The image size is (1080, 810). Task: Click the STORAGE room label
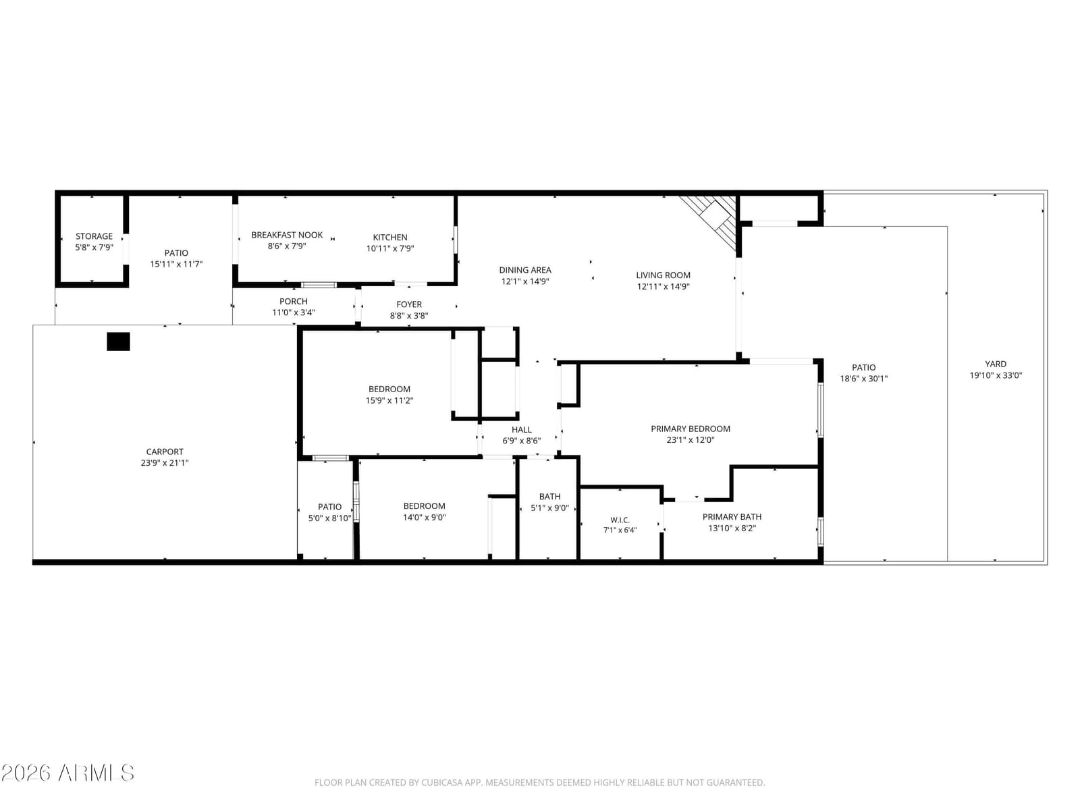pyautogui.click(x=94, y=236)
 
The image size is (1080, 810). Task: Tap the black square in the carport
pyautogui.click(x=118, y=342)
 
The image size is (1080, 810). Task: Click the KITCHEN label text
pyautogui.click(x=389, y=238)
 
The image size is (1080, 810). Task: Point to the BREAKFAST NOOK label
pyautogui.click(x=287, y=235)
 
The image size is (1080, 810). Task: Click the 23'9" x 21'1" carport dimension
pyautogui.click(x=164, y=463)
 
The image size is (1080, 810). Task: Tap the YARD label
pyautogui.click(x=996, y=364)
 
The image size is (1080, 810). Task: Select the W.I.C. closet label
pyautogui.click(x=620, y=520)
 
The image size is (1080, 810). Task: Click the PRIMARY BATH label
pyautogui.click(x=732, y=517)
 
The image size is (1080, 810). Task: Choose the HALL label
pyautogui.click(x=521, y=430)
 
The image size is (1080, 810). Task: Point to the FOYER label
pyautogui.click(x=409, y=304)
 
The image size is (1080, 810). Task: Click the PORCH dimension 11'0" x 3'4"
pyautogui.click(x=293, y=313)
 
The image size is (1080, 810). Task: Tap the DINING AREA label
pyautogui.click(x=525, y=270)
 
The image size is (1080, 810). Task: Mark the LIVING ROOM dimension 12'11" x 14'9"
pyautogui.click(x=664, y=287)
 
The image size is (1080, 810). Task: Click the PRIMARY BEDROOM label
pyautogui.click(x=691, y=429)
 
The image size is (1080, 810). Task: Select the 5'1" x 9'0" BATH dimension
pyautogui.click(x=549, y=508)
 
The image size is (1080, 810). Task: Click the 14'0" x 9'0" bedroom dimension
pyautogui.click(x=424, y=517)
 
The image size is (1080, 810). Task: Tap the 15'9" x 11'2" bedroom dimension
pyautogui.click(x=389, y=400)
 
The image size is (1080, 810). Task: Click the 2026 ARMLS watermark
pyautogui.click(x=67, y=773)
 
